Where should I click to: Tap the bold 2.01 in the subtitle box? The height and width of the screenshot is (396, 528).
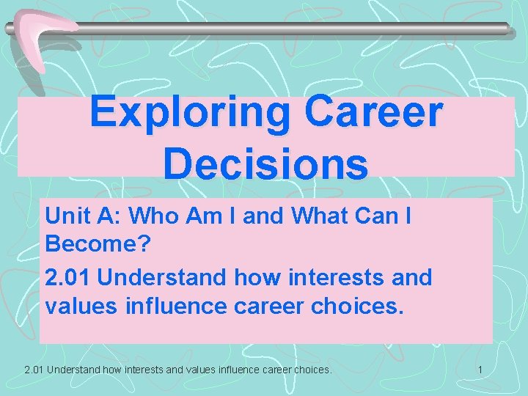[67, 277]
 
